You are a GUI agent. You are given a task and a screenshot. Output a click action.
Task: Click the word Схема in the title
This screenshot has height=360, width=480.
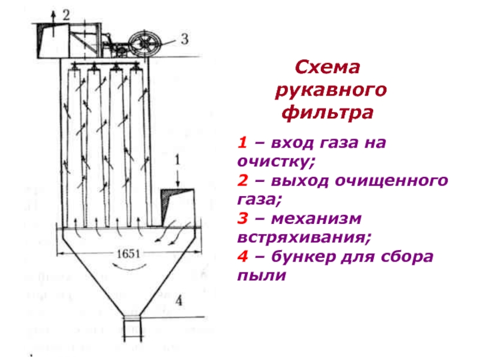329,68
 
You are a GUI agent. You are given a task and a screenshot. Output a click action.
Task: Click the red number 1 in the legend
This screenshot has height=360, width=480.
241,144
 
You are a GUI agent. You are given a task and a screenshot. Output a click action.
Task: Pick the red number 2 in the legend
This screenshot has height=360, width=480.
241,181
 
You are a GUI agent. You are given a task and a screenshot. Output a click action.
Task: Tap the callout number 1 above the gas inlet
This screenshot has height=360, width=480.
178,161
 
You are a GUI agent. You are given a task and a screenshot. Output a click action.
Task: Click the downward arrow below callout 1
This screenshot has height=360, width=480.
178,178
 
